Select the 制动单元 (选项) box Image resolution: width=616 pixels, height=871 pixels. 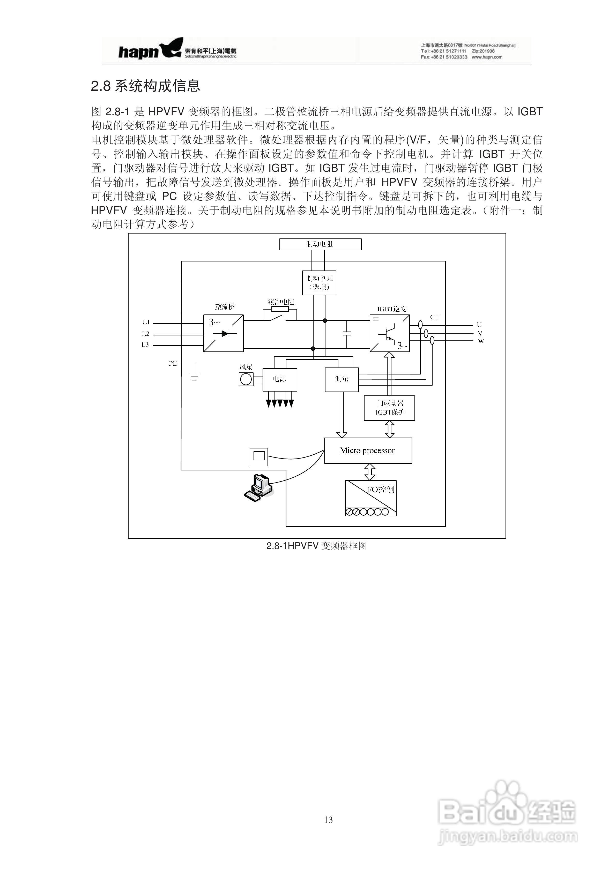point(319,283)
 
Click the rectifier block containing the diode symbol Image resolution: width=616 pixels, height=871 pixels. point(223,333)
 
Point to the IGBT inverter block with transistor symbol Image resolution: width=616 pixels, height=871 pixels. point(389,333)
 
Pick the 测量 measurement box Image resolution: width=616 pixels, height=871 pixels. point(342,379)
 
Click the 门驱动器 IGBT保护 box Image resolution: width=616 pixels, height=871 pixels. point(389,408)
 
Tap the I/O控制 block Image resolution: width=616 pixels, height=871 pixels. point(370,498)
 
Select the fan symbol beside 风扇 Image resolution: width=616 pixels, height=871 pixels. point(246,379)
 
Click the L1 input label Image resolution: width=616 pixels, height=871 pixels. point(146,322)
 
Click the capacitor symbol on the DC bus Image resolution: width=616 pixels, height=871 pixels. point(346,334)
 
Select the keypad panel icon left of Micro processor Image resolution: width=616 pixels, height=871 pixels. point(259,456)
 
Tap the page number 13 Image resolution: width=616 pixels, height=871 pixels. point(328,820)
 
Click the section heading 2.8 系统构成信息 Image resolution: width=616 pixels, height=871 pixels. point(145,86)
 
